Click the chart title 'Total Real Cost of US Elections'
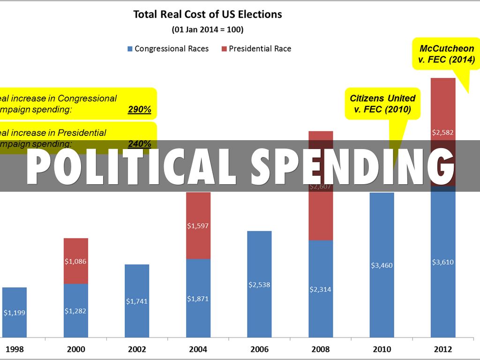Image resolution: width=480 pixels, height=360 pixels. pyautogui.click(x=208, y=14)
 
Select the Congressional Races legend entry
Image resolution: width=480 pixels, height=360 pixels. pyautogui.click(x=167, y=49)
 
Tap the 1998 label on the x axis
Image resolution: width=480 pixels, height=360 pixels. pyautogui.click(x=15, y=349)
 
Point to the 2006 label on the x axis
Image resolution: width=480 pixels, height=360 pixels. pyautogui.click(x=259, y=349)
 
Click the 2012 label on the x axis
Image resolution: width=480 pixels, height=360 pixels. pyautogui.click(x=442, y=349)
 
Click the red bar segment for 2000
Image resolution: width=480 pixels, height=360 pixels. pyautogui.click(x=75, y=261)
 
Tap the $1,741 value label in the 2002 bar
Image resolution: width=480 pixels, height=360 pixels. pyautogui.click(x=137, y=301)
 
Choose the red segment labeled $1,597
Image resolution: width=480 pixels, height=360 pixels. pyautogui.click(x=198, y=225)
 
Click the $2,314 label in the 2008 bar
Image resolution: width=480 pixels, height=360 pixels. pyautogui.click(x=321, y=289)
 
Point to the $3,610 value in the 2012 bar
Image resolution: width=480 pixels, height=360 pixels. pyautogui.click(x=443, y=262)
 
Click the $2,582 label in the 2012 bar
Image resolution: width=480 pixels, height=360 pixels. pyautogui.click(x=443, y=133)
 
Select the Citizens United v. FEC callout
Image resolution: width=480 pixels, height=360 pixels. pyautogui.click(x=382, y=104)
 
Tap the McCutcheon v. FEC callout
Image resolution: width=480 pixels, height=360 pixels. pyautogui.click(x=446, y=54)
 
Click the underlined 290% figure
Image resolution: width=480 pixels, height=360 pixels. pyautogui.click(x=139, y=109)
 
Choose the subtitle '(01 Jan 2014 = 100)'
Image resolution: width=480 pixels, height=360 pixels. pyautogui.click(x=208, y=30)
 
